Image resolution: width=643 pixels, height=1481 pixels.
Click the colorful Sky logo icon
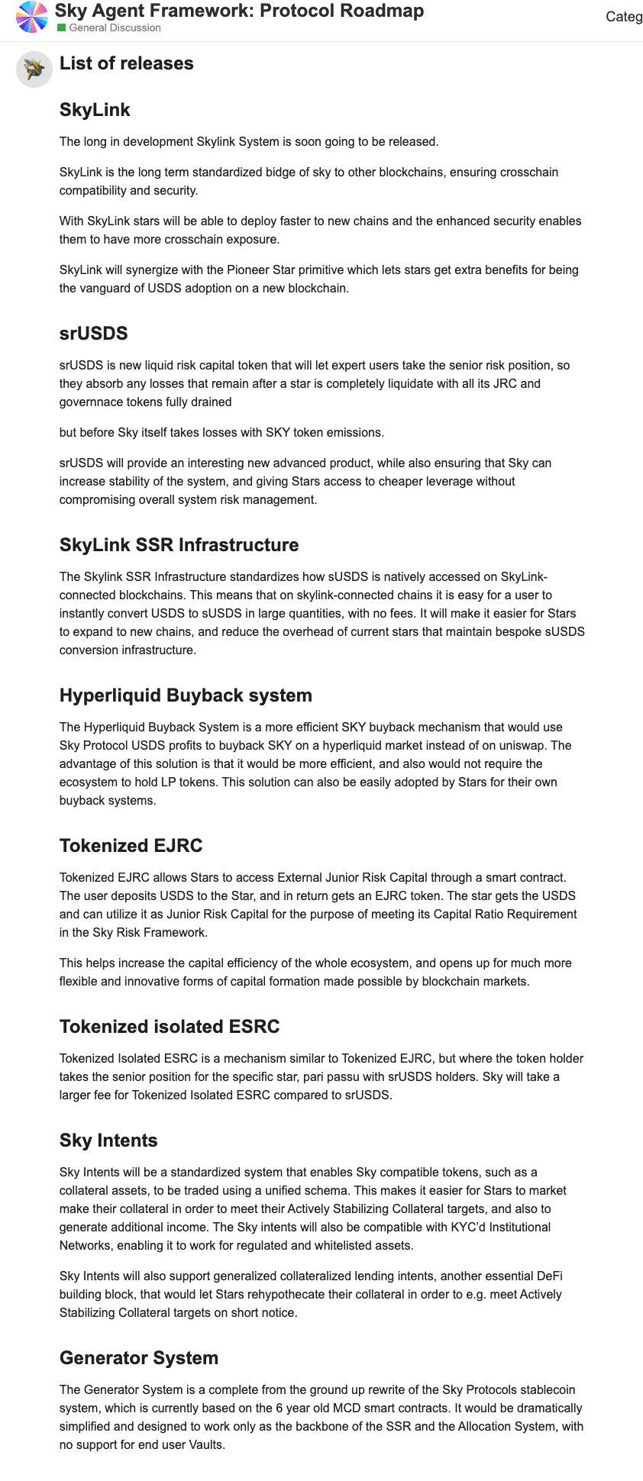tap(32, 17)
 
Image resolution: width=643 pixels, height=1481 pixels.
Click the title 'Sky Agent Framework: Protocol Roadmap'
tap(239, 11)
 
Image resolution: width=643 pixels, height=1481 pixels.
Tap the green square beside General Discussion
tap(62, 28)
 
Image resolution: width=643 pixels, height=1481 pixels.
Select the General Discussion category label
tap(115, 28)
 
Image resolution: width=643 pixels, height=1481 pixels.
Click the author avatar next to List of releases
tap(34, 69)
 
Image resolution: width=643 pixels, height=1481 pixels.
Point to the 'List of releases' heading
tap(127, 63)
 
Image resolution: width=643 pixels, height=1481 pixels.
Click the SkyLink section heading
tap(95, 110)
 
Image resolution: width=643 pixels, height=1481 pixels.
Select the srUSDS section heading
tap(93, 334)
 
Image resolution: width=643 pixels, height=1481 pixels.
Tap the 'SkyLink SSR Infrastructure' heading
tap(179, 545)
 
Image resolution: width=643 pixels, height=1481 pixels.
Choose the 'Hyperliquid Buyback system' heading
tap(186, 695)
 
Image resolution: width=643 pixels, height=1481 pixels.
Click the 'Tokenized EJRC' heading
tap(131, 846)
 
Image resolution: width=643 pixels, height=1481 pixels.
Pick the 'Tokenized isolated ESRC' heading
tap(170, 1027)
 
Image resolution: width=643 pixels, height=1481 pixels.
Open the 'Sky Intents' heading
tap(108, 1141)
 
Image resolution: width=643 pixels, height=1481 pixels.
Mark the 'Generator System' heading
tap(139, 1358)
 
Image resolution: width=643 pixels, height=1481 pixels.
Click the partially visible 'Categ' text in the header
tap(624, 17)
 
